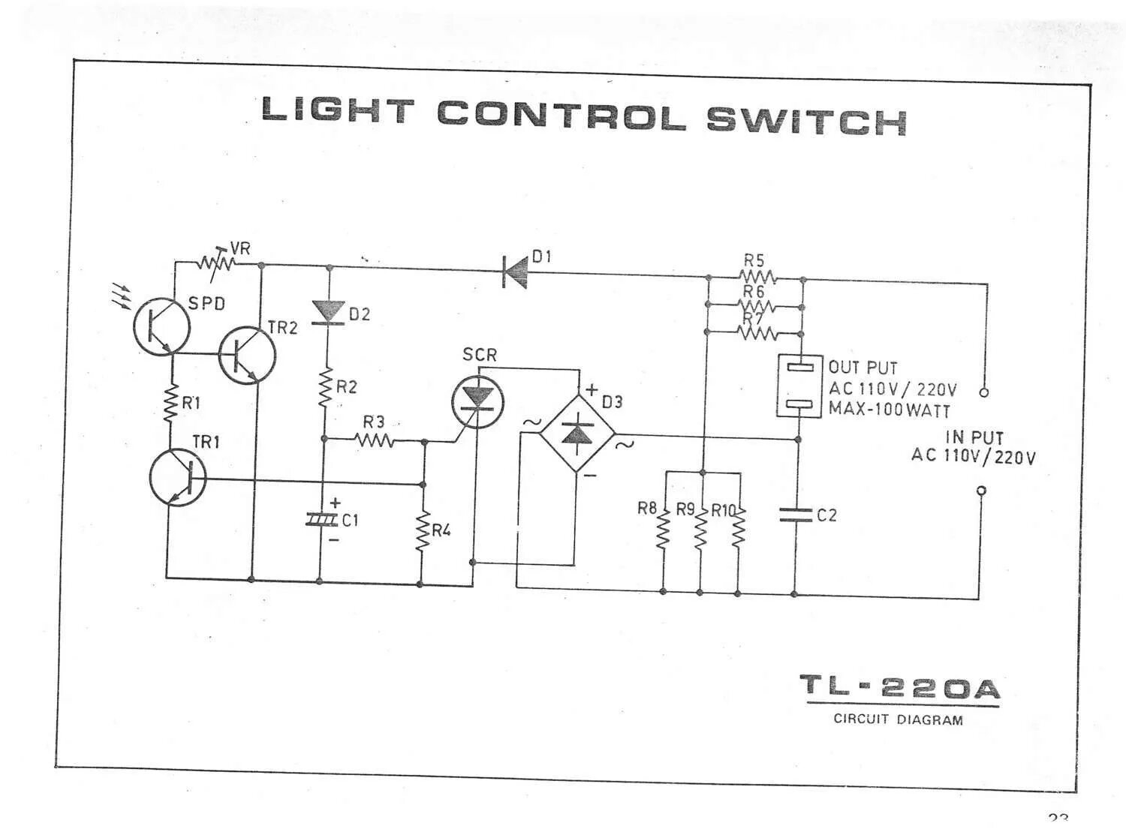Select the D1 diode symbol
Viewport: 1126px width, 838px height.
pyautogui.click(x=516, y=272)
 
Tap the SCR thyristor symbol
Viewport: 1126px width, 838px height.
pyautogui.click(x=477, y=401)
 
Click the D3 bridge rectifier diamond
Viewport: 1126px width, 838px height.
pyautogui.click(x=577, y=433)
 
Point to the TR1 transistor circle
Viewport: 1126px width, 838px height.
pyautogui.click(x=178, y=478)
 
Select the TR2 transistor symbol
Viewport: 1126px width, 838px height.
pyautogui.click(x=247, y=356)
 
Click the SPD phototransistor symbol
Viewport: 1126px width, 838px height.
pyautogui.click(x=161, y=326)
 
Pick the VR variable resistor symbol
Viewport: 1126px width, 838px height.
pyautogui.click(x=216, y=263)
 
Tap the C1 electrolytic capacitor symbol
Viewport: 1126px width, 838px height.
pyautogui.click(x=322, y=518)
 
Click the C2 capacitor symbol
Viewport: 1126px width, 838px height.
pyautogui.click(x=796, y=515)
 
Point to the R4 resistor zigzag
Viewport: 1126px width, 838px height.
pyautogui.click(x=423, y=532)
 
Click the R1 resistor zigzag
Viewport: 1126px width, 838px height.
pyautogui.click(x=170, y=404)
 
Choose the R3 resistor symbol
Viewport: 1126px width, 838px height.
pyautogui.click(x=375, y=440)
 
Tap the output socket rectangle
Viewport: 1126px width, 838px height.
pyautogui.click(x=799, y=386)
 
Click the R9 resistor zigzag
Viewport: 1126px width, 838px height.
pyautogui.click(x=700, y=530)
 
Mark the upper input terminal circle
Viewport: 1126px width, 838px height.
pyautogui.click(x=984, y=392)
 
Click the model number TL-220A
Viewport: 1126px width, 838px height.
pyautogui.click(x=900, y=688)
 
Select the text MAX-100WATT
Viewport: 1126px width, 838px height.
pyautogui.click(x=889, y=410)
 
